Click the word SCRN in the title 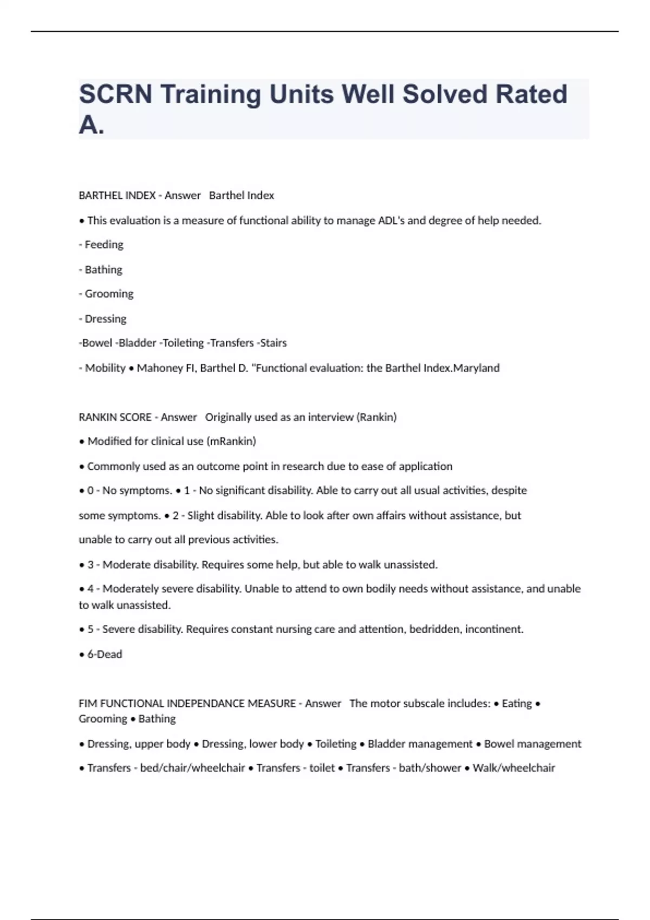(115, 94)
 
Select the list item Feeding (103, 245)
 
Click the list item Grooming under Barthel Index (108, 294)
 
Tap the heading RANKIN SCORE (115, 417)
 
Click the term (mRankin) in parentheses (231, 442)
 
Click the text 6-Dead (105, 654)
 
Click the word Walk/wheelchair (513, 768)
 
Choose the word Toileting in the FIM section (336, 744)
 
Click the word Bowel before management (498, 744)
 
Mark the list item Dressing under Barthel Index (105, 319)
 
